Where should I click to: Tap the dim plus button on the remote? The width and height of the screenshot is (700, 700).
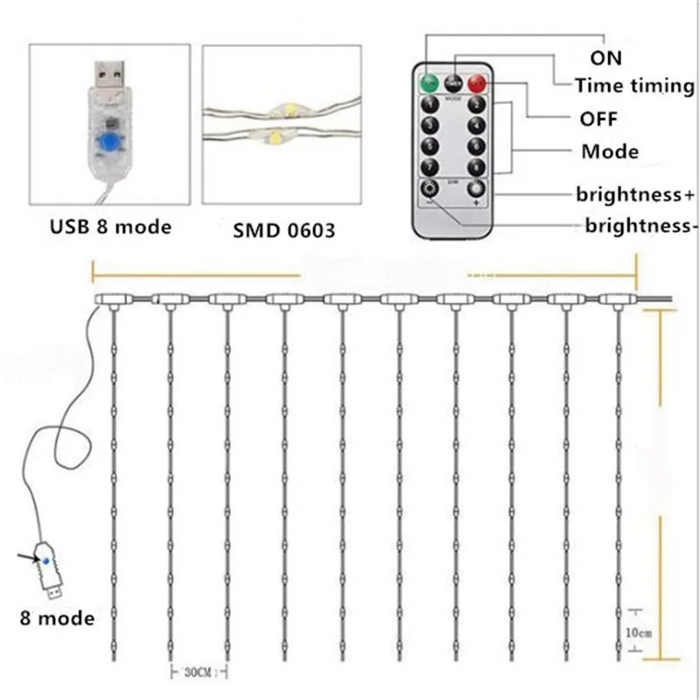coord(475,189)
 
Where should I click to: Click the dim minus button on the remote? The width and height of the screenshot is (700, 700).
coord(430,189)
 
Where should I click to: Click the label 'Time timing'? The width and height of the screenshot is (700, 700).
coord(634,86)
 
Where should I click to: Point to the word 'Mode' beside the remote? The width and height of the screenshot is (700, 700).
coord(610,151)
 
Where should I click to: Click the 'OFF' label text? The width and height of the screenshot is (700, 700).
coord(598,117)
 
